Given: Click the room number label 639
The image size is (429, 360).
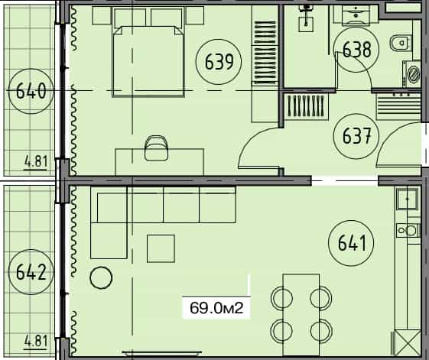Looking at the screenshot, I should click(x=216, y=60).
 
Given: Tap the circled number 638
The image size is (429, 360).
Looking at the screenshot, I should click(x=356, y=50).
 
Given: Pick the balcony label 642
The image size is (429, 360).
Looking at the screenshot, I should click(x=28, y=271).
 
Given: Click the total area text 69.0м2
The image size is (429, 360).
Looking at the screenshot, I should click(x=216, y=309).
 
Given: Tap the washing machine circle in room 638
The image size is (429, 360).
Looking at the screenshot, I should click(x=414, y=74).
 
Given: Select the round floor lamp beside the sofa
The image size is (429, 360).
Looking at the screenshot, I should click(x=101, y=277).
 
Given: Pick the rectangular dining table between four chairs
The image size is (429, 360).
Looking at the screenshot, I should click(x=301, y=310).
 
